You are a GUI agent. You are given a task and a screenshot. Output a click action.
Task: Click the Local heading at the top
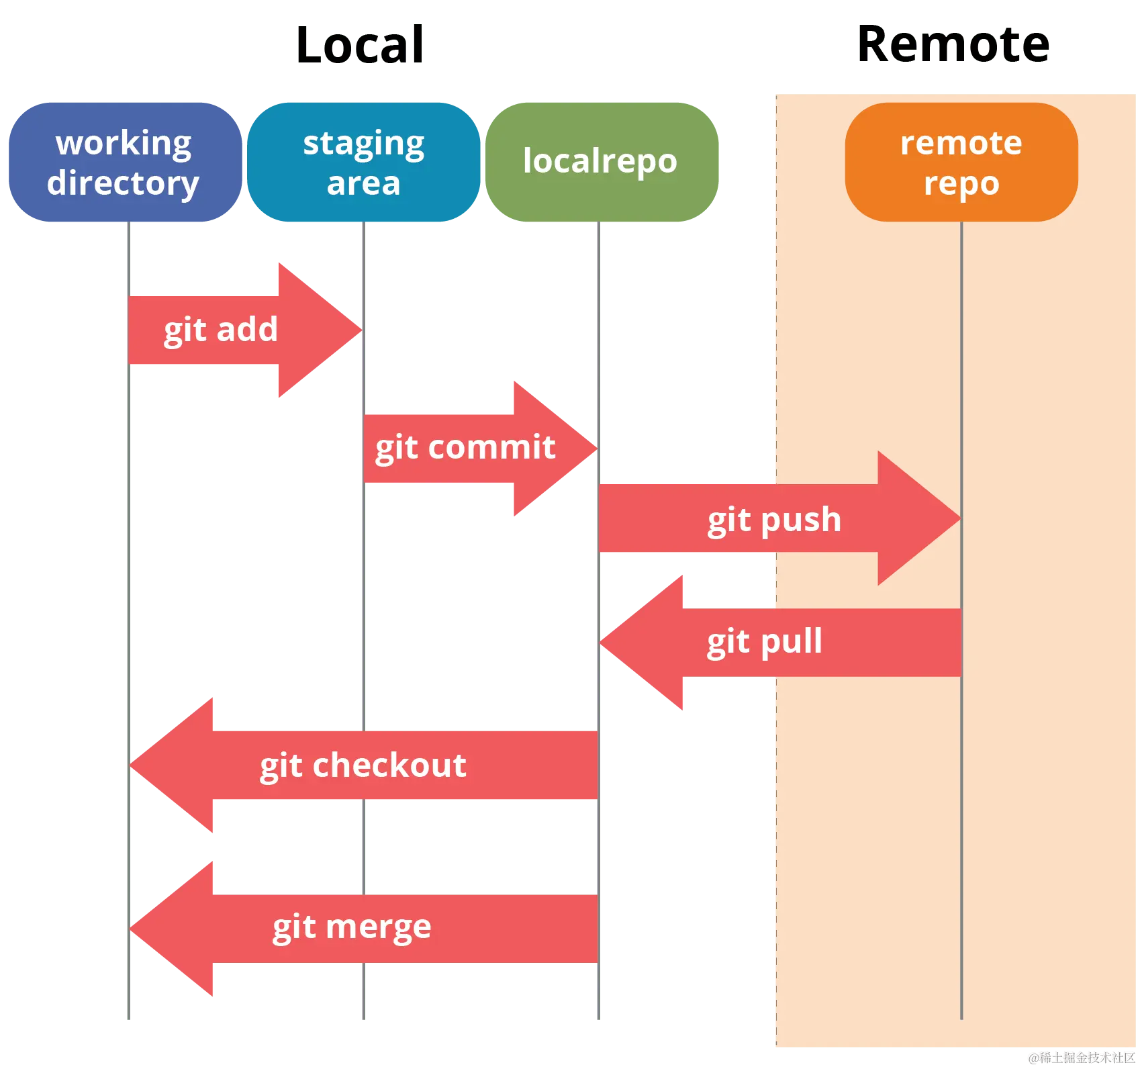361,44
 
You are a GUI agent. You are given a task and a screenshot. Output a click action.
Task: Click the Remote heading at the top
955,44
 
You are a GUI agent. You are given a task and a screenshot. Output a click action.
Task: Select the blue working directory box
124,162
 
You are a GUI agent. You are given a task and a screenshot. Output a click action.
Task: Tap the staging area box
363,162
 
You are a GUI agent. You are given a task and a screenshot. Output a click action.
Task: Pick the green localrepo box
600,162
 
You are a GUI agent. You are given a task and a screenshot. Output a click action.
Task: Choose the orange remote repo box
961,162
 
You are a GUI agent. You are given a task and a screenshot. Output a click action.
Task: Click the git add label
220,330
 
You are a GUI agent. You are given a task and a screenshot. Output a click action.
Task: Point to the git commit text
465,448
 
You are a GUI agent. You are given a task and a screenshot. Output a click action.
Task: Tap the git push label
774,520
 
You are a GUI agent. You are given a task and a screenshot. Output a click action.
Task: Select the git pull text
764,641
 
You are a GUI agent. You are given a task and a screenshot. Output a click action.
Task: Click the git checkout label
363,765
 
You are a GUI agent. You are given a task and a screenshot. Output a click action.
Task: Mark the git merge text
351,928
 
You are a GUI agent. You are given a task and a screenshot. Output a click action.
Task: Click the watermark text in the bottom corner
1081,1058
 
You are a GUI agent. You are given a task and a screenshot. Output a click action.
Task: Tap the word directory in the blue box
123,183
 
